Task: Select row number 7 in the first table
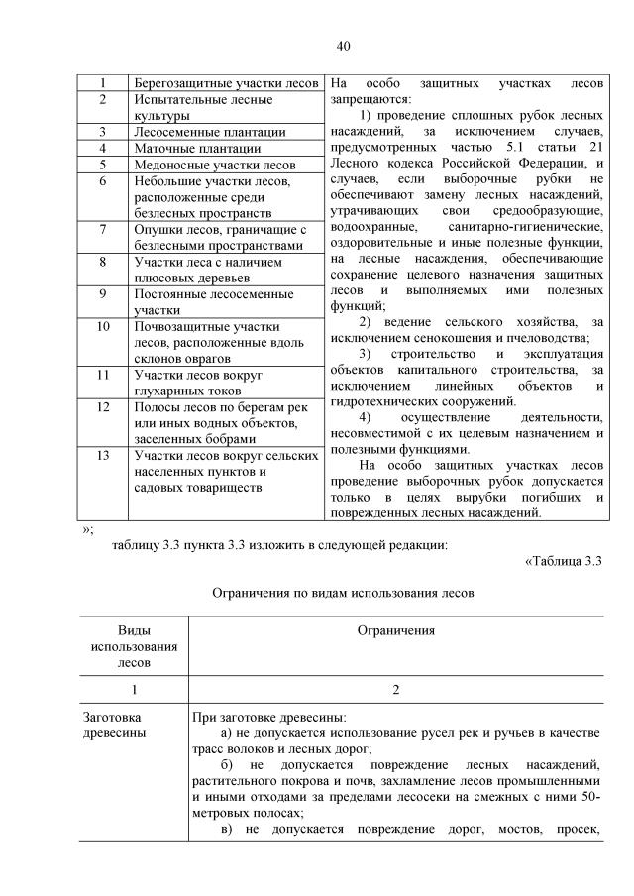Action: pos(103,230)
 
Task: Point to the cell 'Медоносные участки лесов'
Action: pos(214,165)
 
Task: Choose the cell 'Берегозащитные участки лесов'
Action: pos(226,83)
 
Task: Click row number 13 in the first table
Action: pos(103,456)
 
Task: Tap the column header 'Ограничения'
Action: pos(395,631)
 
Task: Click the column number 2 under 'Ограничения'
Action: pos(395,691)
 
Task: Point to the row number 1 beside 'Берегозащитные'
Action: pos(103,83)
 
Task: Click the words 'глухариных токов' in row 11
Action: pos(189,391)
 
